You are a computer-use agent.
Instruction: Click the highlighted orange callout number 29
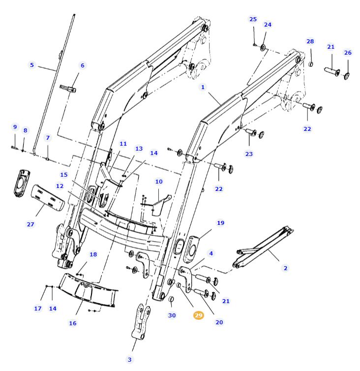click(198, 315)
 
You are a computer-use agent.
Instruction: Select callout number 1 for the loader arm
click(202, 87)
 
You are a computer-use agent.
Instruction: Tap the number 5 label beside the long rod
click(32, 65)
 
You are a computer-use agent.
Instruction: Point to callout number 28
click(310, 41)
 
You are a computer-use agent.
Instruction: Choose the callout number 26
click(348, 53)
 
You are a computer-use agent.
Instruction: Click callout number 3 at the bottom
click(130, 360)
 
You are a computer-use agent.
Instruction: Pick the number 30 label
click(172, 315)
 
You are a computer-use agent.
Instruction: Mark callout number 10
click(159, 182)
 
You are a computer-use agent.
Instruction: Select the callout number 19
click(220, 223)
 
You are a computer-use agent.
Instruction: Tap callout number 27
click(30, 224)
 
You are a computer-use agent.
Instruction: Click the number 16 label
click(73, 323)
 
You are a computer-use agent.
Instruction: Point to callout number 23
click(249, 154)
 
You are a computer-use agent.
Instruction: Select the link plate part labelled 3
click(141, 322)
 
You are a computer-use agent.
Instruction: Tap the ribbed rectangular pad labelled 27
click(48, 196)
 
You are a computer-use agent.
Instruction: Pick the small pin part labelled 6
click(68, 89)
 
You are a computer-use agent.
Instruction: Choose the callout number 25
click(253, 19)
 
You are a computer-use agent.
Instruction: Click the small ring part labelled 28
click(311, 63)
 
